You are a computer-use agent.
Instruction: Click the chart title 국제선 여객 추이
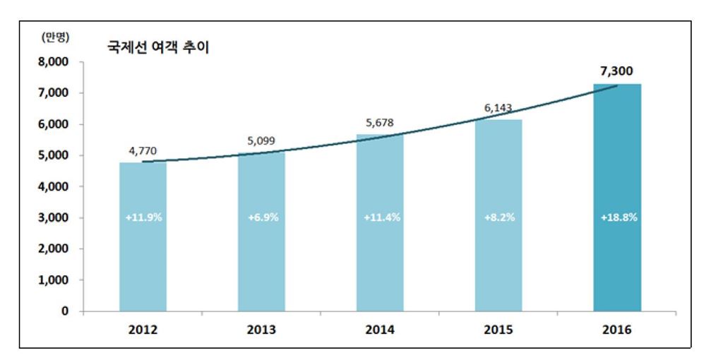(157, 48)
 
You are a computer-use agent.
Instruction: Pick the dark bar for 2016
(617, 198)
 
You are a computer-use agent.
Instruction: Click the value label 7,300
(617, 71)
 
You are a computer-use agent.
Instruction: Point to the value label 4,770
(143, 150)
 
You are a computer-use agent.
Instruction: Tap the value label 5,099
(261, 140)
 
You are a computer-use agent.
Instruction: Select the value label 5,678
(380, 122)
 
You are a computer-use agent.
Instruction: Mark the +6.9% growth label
(263, 217)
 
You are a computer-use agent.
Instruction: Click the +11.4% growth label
(381, 217)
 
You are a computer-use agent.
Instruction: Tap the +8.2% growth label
(499, 217)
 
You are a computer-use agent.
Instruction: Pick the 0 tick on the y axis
(64, 311)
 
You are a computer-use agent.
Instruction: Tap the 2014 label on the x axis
(380, 330)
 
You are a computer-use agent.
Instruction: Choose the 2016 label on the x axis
(617, 330)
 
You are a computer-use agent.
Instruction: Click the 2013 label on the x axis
(261, 330)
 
